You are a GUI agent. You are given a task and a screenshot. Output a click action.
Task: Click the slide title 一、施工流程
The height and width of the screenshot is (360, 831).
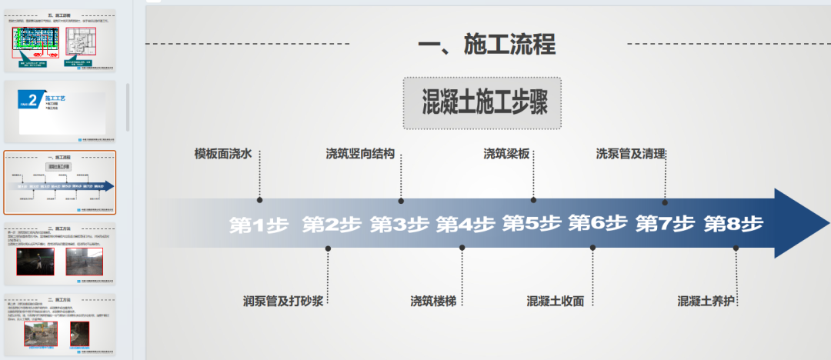click(486, 44)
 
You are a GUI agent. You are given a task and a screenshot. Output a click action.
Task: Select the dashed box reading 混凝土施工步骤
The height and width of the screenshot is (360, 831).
click(482, 102)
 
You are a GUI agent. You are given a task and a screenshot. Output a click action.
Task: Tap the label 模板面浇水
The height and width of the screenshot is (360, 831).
click(223, 153)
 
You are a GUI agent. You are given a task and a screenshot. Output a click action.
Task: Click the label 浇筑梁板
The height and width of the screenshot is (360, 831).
click(506, 153)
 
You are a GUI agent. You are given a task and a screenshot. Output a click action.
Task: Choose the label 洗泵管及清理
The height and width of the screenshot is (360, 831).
click(630, 153)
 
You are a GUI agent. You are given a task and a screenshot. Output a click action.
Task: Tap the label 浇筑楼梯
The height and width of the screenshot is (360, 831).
click(432, 300)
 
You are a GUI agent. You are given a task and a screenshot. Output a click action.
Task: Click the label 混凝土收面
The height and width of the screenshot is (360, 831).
click(556, 300)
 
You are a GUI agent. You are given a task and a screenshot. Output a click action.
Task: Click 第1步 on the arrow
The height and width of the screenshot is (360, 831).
click(259, 225)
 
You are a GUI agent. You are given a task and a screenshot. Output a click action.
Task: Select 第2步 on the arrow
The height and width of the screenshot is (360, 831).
click(332, 225)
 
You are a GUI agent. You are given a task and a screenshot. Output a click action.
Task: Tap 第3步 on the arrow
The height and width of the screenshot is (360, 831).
click(399, 225)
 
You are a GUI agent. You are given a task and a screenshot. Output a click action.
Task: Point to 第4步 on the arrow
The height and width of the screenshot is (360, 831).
click(466, 225)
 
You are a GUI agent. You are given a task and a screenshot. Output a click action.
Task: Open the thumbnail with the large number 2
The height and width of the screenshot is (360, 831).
click(59, 112)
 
